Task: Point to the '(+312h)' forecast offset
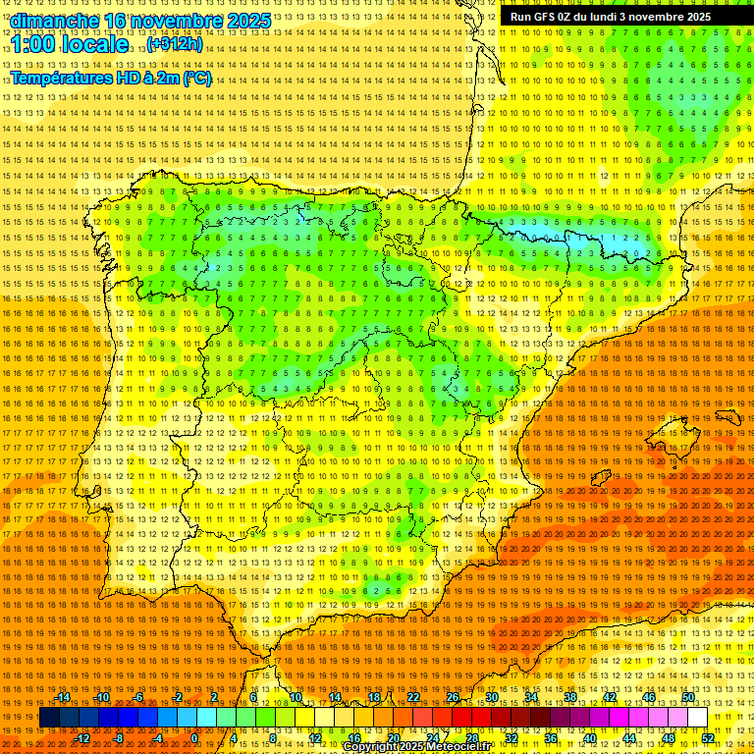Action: [175, 44]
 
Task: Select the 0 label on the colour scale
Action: [194, 738]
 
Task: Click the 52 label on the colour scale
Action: [708, 738]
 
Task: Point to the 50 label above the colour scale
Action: [688, 697]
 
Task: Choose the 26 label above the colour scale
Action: [453, 697]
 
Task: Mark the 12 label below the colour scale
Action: [315, 738]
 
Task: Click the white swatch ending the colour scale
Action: [697, 718]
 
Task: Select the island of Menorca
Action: [727, 417]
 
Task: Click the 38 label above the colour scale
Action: [570, 697]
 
